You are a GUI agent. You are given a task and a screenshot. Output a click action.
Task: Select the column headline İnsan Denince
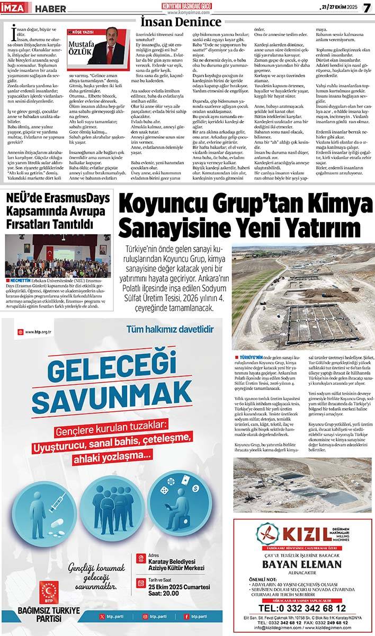[x=180, y=21]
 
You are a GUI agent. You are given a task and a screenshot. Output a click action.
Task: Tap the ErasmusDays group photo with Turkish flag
[x=58, y=256]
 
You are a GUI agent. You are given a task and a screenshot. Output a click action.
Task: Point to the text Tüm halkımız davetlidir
[x=169, y=329]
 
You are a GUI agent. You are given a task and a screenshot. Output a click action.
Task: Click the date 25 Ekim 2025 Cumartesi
[x=179, y=587]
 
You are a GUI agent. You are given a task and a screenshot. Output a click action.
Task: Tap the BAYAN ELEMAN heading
[x=302, y=564]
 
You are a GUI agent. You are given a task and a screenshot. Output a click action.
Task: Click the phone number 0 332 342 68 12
[x=302, y=608]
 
